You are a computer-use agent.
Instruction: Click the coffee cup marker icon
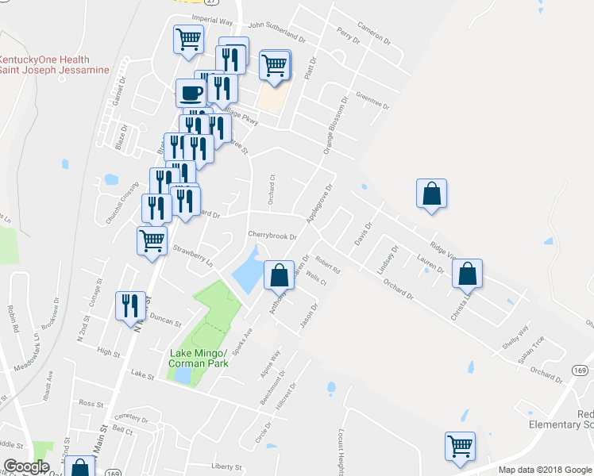point(190,94)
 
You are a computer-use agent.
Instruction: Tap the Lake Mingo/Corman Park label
point(198,358)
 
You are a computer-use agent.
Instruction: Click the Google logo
point(26,466)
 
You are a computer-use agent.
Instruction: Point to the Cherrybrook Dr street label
point(272,236)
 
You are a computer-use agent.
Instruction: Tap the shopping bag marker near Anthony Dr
point(279,276)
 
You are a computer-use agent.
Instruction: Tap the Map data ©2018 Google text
point(544,470)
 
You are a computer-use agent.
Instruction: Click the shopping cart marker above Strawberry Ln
point(151,240)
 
